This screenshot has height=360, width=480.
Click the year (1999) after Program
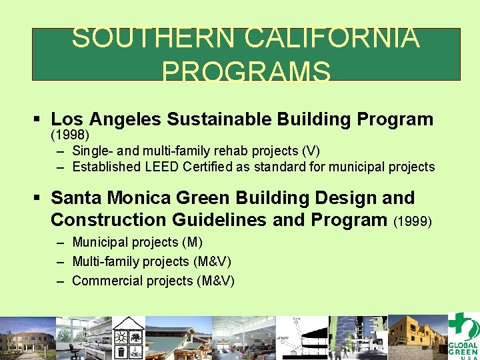413,221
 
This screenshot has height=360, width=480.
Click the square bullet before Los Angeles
37,120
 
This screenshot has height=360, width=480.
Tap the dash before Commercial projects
61,281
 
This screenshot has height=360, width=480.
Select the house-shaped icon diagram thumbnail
131,337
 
